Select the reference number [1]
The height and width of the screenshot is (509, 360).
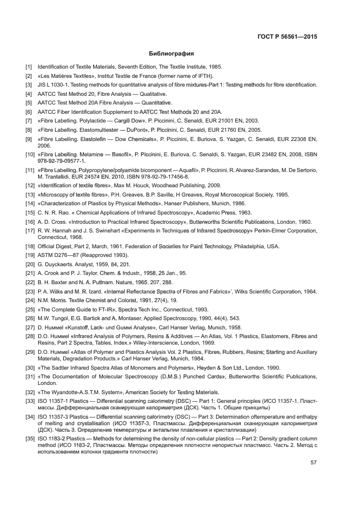tap(29, 66)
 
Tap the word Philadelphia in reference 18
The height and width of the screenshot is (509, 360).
tap(248, 246)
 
